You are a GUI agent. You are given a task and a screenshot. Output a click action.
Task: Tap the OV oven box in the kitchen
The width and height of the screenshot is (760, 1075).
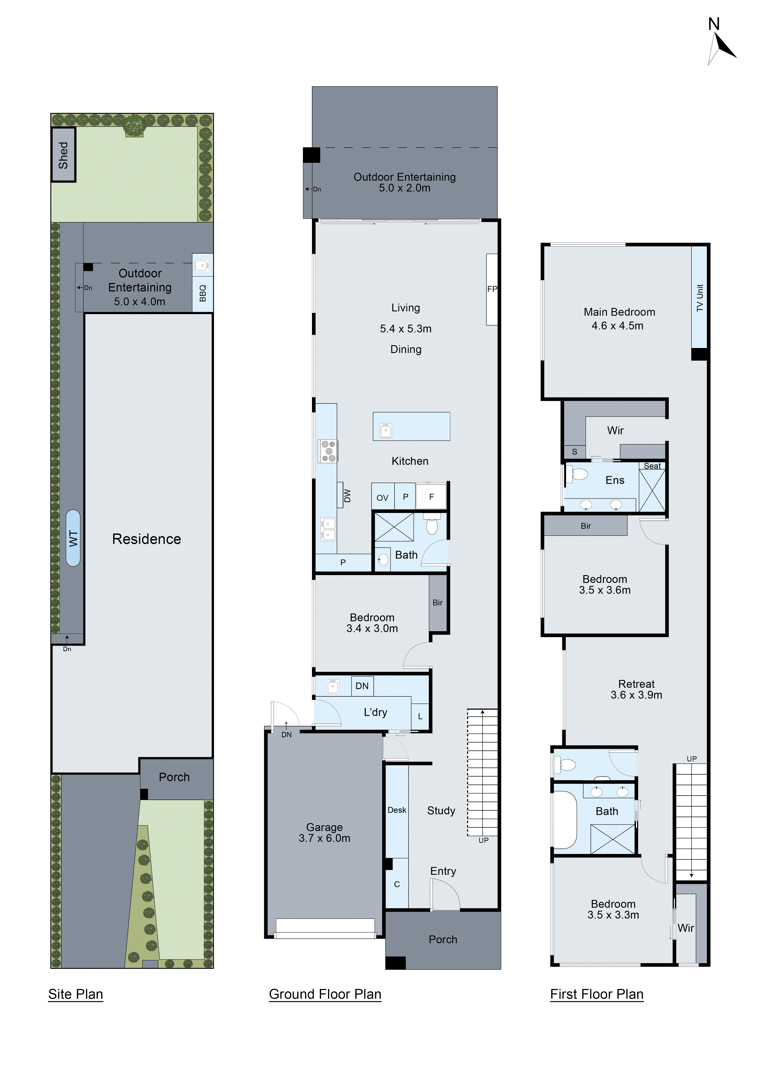382,498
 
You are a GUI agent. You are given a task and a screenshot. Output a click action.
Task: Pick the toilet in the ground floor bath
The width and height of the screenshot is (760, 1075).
432,525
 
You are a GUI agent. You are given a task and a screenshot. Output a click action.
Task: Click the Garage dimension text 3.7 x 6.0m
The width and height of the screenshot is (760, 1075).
324,838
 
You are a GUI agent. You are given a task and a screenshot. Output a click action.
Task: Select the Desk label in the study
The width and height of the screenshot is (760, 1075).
397,810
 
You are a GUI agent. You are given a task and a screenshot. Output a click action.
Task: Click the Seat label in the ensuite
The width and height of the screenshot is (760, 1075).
652,466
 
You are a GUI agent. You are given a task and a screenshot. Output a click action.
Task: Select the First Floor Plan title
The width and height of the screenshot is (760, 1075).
597,994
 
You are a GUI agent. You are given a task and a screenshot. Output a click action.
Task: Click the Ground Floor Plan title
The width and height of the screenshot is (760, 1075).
325,994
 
